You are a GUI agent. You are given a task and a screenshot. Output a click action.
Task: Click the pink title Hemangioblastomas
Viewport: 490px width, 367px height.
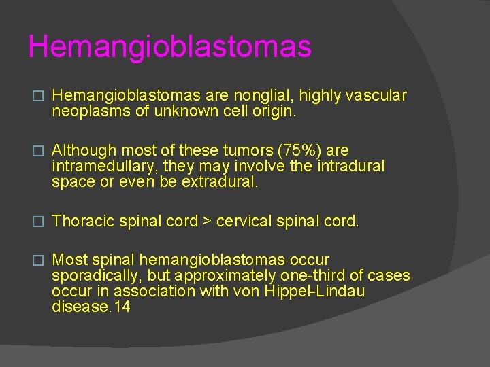[169, 47]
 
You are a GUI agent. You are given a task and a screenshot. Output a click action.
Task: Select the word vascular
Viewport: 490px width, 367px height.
[376, 96]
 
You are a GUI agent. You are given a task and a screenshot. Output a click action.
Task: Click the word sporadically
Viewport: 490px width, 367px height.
[91, 276]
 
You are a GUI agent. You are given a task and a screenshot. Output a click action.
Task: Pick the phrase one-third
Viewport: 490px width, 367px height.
[316, 276]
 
